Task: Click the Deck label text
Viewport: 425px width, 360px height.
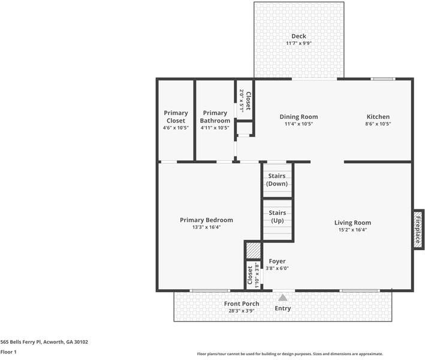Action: coord(299,37)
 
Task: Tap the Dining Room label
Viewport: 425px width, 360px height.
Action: coord(299,117)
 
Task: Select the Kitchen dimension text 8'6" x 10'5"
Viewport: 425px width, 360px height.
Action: coord(378,124)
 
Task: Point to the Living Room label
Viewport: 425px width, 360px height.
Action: coord(352,223)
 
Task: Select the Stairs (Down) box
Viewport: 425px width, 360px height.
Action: coord(278,180)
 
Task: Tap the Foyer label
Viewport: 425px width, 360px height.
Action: coord(277,262)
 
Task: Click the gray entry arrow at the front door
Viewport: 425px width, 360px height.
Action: coord(282,297)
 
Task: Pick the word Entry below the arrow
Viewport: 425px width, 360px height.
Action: coord(282,308)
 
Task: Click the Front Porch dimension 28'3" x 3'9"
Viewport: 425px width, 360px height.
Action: coord(242,311)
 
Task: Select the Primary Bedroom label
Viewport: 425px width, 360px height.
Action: coord(206,220)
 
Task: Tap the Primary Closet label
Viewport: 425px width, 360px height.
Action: coord(176,117)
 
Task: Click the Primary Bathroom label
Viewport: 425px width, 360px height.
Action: coord(215,117)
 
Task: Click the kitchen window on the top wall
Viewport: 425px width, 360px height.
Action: coord(382,79)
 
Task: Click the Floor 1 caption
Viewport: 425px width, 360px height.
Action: coord(8,352)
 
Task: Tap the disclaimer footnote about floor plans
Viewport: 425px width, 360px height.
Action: coord(290,354)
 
